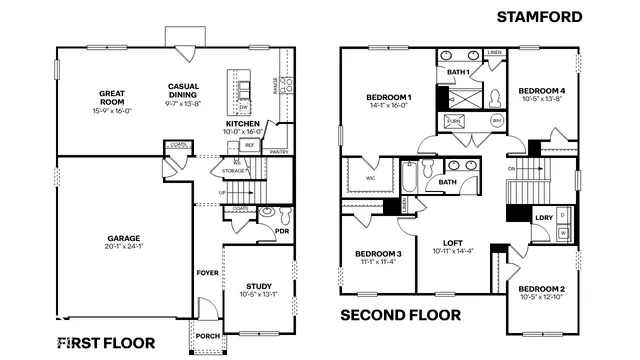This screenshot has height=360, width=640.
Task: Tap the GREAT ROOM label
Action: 111,97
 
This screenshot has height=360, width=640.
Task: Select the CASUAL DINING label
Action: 183,90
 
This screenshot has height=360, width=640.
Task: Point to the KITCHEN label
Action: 243,124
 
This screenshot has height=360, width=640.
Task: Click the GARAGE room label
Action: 125,239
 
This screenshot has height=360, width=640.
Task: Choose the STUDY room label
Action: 258,286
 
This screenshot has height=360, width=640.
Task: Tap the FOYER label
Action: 207,271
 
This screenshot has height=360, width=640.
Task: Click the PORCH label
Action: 208,336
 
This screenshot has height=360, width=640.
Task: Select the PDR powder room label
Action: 282,231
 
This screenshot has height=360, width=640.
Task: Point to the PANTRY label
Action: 279,151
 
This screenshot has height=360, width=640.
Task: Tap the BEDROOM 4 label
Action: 540,91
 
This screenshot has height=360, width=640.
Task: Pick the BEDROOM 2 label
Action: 541,288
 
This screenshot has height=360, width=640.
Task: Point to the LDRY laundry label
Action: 543,217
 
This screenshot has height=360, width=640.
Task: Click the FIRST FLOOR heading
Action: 106,343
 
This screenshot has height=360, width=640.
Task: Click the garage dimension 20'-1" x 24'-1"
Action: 125,248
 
